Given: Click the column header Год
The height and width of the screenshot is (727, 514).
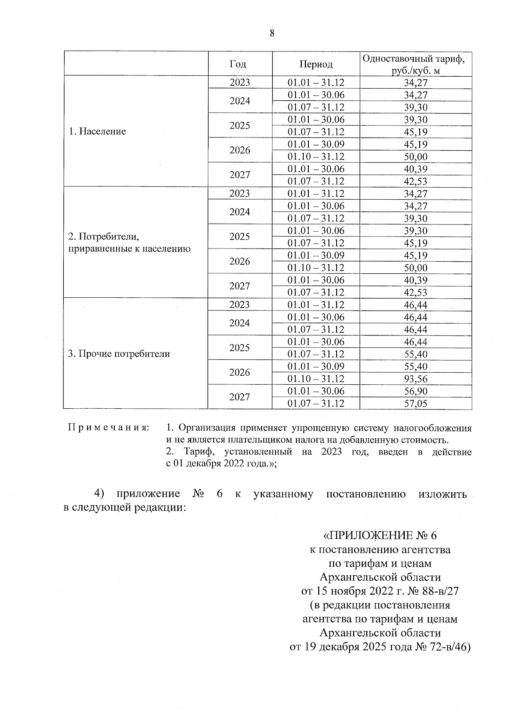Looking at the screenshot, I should coord(238,64).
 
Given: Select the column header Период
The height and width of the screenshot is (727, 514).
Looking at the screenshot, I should coord(316,64).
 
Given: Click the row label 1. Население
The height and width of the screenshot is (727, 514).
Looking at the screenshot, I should coord(97,132).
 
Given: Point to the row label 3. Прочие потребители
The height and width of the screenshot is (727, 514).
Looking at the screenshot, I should coord(119,354).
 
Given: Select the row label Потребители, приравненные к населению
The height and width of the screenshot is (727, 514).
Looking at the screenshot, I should coord(129,242).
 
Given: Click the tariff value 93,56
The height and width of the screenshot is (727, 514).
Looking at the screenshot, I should coord(415,379).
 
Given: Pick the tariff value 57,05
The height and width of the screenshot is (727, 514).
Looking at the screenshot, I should coord(415,404).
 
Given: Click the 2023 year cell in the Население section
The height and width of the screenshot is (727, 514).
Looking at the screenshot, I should coord(239,83).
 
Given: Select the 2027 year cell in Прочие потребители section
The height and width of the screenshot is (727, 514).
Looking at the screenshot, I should coord(239,397).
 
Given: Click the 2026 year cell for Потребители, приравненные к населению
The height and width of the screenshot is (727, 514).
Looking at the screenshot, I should coord(239,261).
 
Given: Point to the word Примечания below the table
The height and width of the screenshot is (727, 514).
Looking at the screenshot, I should coord(109,428).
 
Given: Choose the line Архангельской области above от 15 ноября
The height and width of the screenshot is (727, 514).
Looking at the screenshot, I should coord(380,577).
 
